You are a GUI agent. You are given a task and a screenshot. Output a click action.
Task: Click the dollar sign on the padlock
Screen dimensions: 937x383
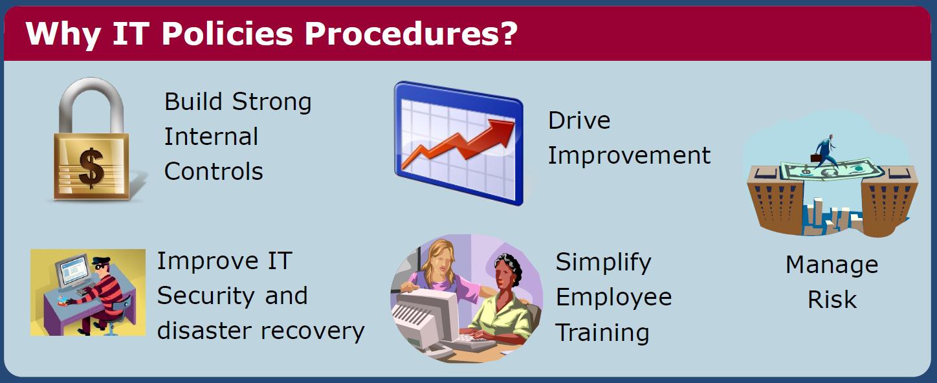click(91, 168)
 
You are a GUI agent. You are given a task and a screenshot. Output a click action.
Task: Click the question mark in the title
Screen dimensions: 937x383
click(507, 33)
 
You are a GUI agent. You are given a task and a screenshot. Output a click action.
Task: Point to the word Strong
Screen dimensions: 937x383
click(272, 102)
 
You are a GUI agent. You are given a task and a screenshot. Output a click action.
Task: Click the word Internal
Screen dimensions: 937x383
click(211, 137)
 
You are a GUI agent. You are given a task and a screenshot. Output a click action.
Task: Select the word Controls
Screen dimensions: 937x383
click(214, 171)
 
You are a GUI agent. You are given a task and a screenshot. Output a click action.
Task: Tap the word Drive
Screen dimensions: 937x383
click(579, 120)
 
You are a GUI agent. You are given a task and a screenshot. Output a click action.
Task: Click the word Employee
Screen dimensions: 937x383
click(613, 298)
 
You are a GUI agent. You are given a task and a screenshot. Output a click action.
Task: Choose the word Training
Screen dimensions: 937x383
click(602, 333)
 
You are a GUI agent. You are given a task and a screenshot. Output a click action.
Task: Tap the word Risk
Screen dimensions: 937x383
click(832, 300)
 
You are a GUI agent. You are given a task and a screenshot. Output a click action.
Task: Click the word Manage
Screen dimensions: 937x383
click(832, 266)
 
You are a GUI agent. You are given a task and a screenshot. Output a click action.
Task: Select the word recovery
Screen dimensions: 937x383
click(313, 331)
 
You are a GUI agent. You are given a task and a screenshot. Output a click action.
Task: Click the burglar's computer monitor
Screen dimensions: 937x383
click(74, 271)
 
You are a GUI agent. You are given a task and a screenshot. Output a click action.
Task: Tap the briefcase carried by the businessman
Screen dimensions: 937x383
click(816, 158)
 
